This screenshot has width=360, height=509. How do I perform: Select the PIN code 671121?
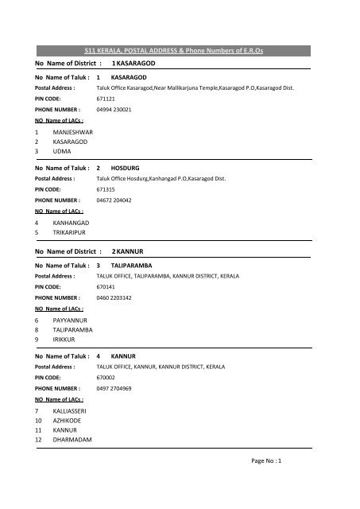coord(105,98)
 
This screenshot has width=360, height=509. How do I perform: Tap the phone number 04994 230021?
coord(114,109)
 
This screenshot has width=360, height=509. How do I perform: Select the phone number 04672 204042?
coord(114,202)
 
